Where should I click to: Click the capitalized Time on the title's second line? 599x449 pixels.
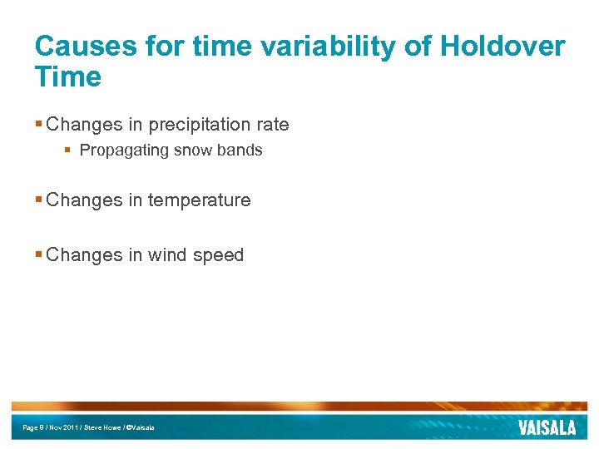tap(68, 77)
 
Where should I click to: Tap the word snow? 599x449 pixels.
tap(192, 150)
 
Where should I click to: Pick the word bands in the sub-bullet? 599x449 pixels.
tap(240, 150)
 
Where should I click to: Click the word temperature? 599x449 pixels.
tap(199, 200)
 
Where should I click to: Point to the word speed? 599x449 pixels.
tap(218, 255)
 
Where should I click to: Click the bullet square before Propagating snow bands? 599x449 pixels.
tap(69, 150)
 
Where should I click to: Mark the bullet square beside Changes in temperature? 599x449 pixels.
tap(38, 200)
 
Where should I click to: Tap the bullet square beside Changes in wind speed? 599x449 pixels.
tap(38, 255)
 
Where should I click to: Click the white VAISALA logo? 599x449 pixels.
tap(547, 428)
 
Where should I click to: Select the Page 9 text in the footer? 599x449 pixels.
tap(34, 427)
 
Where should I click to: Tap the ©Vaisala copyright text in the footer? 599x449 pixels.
tap(140, 427)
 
